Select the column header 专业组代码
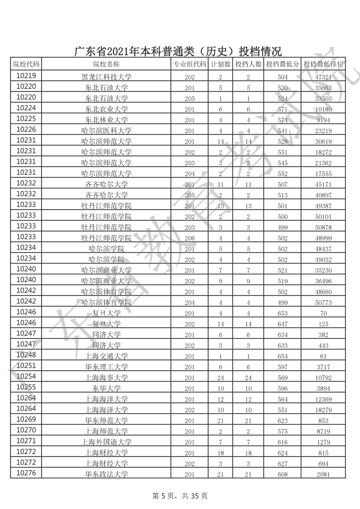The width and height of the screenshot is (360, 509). click(189, 64)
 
